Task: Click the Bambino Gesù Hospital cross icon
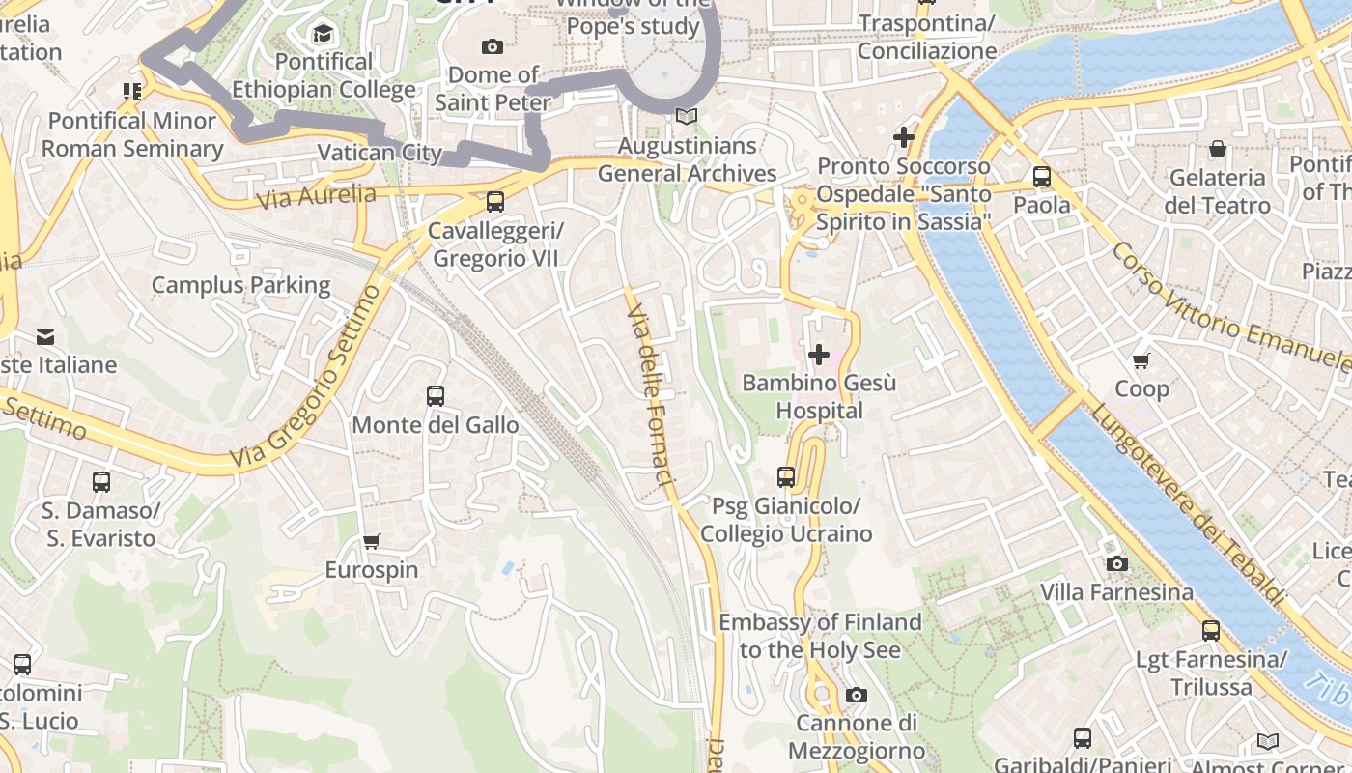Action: coord(819,355)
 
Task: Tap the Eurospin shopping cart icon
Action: coord(372,541)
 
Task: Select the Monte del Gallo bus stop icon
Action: coord(436,396)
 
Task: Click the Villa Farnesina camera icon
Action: coord(1116,563)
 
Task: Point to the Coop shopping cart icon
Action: coord(1141,360)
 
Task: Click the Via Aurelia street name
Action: coord(317,196)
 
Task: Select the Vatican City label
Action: coord(380,153)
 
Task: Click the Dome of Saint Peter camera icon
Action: coord(493,46)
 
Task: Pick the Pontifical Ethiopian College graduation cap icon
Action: coord(324,34)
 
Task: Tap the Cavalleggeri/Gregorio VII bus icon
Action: coord(495,202)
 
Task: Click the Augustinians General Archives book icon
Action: coord(687,117)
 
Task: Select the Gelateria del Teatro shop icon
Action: coord(1218,149)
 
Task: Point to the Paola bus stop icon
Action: coord(1042,177)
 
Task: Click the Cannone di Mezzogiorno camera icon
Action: coord(857,695)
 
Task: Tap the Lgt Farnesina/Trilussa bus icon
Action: coord(1211,631)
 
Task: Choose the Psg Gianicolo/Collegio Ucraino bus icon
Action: coord(786,477)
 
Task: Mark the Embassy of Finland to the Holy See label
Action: coord(820,636)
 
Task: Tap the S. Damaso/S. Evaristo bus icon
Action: coord(101,481)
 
